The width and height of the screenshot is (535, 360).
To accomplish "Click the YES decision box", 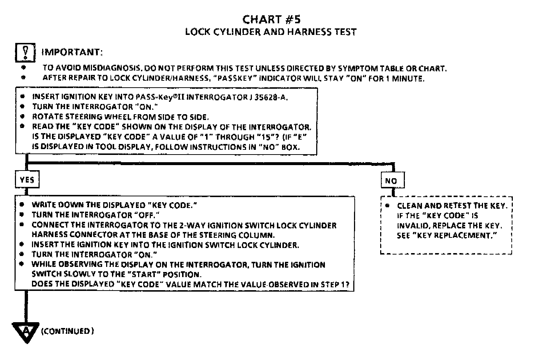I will click(x=27, y=180).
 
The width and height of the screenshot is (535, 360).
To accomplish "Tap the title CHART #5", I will click(x=271, y=19).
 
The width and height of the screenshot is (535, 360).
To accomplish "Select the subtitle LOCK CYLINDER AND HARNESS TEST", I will click(x=271, y=32).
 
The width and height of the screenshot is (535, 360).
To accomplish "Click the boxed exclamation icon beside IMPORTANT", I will click(x=25, y=52).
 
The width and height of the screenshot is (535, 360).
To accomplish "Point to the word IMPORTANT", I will click(x=72, y=52).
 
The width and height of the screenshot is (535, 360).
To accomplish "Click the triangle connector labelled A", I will click(x=26, y=331).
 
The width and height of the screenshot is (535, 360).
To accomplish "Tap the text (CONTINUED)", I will click(x=68, y=331).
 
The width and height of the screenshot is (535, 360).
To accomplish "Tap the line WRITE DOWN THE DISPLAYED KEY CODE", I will click(x=114, y=205).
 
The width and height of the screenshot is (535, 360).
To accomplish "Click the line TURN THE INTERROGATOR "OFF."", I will click(x=96, y=215).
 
